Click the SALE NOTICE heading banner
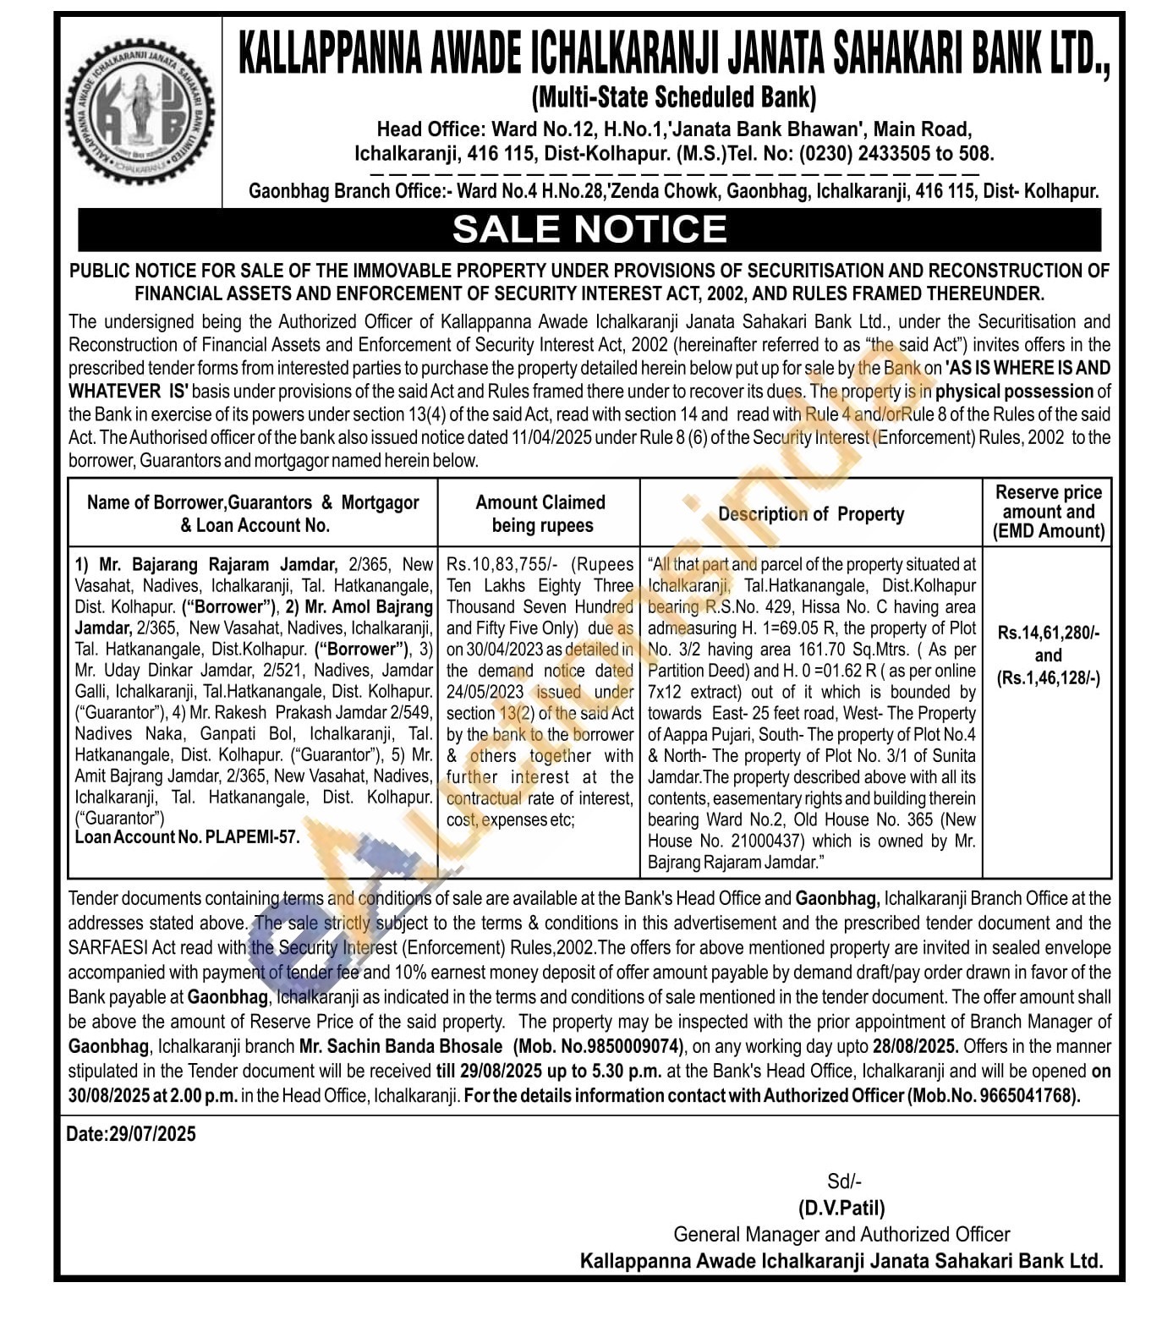coord(589,229)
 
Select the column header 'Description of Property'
coord(811,514)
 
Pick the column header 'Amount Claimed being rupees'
coord(540,513)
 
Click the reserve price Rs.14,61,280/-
coord(1048,633)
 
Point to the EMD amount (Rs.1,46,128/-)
coord(1048,678)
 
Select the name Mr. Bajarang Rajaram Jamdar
coord(219,564)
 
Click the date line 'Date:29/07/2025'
coord(131,1134)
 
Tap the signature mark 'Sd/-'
coord(844,1181)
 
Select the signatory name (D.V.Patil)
coord(841,1208)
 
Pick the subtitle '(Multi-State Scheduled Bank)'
coord(673,98)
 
